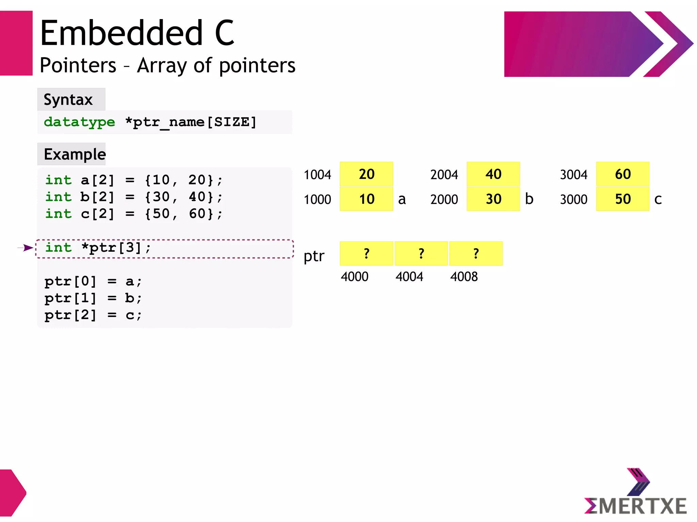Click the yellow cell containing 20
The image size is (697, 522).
pyautogui.click(x=366, y=174)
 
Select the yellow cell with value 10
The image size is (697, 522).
pyautogui.click(x=366, y=199)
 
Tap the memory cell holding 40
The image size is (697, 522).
pyautogui.click(x=493, y=174)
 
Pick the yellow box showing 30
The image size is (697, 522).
pyautogui.click(x=493, y=199)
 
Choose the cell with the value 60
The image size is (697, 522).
pyautogui.click(x=622, y=174)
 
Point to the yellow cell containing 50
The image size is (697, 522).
pyautogui.click(x=622, y=199)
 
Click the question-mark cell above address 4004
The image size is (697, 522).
pyautogui.click(x=421, y=253)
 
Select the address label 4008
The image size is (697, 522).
pyautogui.click(x=464, y=277)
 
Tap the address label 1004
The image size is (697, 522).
pyautogui.click(x=317, y=175)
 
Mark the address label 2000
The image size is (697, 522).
pyautogui.click(x=444, y=200)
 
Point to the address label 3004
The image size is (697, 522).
pyautogui.click(x=573, y=175)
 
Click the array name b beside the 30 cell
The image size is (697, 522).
pyautogui.click(x=529, y=199)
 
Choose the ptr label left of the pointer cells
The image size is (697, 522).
pyautogui.click(x=314, y=256)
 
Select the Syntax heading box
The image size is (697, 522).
pyautogui.click(x=71, y=100)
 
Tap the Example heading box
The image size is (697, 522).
pyautogui.click(x=71, y=154)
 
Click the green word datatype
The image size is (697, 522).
pyautogui.click(x=79, y=122)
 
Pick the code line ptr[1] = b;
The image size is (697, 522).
pyautogui.click(x=93, y=298)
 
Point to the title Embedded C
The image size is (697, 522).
pyautogui.click(x=137, y=33)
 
